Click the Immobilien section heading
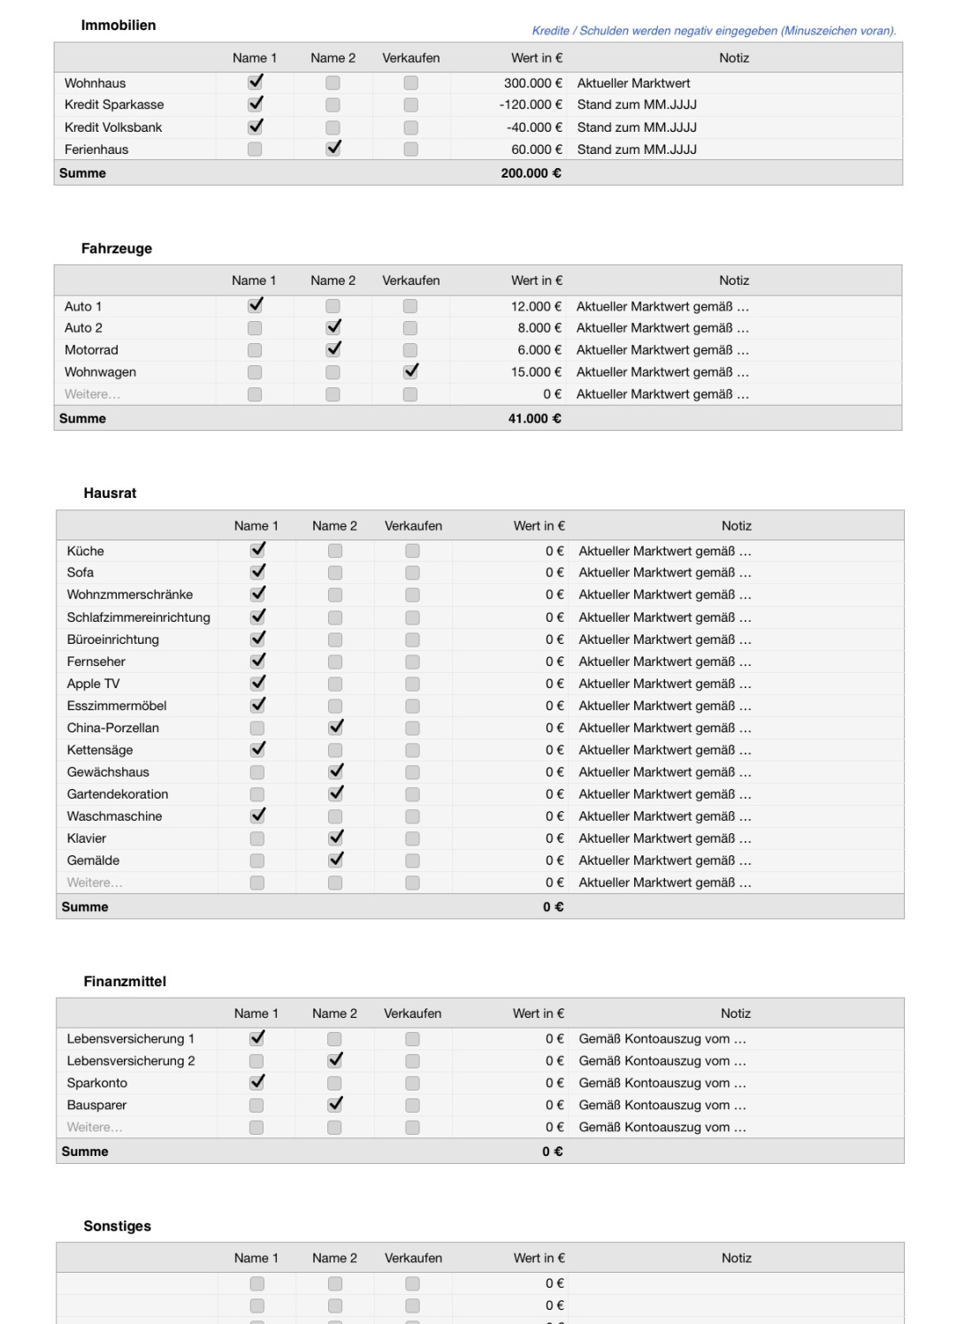(x=119, y=26)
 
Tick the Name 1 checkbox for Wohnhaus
(x=256, y=82)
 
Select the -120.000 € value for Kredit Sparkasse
(x=531, y=104)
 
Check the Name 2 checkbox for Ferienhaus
(x=333, y=149)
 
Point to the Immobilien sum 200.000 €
(x=531, y=173)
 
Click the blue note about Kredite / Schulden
(x=714, y=31)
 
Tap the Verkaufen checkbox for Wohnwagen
(x=410, y=371)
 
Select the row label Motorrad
(x=91, y=350)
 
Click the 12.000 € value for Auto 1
(x=536, y=306)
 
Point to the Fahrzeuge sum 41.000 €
(x=534, y=418)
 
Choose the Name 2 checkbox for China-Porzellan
(x=335, y=727)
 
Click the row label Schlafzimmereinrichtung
(x=139, y=617)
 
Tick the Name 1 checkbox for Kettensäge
(x=257, y=749)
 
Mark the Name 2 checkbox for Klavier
(x=335, y=838)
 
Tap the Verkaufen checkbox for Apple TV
(x=412, y=684)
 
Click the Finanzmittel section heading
(x=125, y=982)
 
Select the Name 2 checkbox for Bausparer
(x=335, y=1105)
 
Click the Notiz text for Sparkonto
(x=662, y=1083)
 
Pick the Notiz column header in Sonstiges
(x=736, y=1258)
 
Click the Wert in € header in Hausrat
(x=539, y=525)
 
